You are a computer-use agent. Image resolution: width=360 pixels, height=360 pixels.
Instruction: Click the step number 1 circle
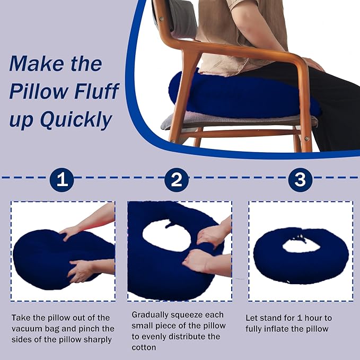62,180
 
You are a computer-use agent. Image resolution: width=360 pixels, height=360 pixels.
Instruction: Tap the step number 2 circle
177,180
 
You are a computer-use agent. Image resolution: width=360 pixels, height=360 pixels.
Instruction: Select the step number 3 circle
300,180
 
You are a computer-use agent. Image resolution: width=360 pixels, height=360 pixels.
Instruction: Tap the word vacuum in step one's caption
27,329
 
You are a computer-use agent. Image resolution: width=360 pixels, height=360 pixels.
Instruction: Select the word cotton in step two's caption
144,347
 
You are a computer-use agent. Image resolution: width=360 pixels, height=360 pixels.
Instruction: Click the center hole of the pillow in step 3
300,244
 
